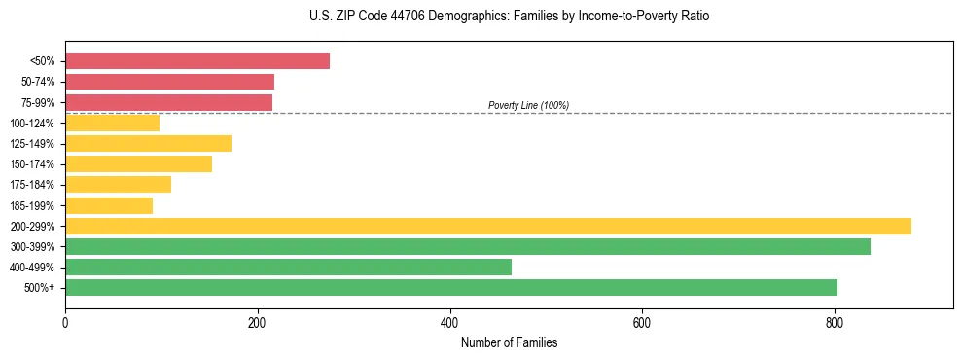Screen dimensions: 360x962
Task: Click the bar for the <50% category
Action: (x=197, y=61)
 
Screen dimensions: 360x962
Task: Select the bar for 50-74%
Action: (x=169, y=82)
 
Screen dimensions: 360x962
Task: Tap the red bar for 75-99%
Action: (x=168, y=102)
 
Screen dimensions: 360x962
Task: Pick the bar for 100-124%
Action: (x=112, y=123)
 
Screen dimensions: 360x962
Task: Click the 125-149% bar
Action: (x=148, y=144)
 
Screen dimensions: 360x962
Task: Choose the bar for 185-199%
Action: (x=109, y=205)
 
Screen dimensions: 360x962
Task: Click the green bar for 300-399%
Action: (x=468, y=246)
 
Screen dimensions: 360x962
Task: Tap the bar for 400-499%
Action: (x=288, y=267)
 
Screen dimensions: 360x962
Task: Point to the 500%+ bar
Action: (x=451, y=287)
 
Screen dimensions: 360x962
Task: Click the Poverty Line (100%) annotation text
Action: (x=528, y=105)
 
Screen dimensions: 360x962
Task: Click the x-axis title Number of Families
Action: (x=509, y=342)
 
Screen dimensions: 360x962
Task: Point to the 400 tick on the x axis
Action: (x=449, y=321)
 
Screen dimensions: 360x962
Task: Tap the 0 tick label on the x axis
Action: (x=65, y=321)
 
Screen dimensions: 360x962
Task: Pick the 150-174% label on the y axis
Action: (x=32, y=164)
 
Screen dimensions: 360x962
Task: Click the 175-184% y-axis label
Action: (x=32, y=185)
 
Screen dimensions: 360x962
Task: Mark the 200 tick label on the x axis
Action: (x=258, y=321)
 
